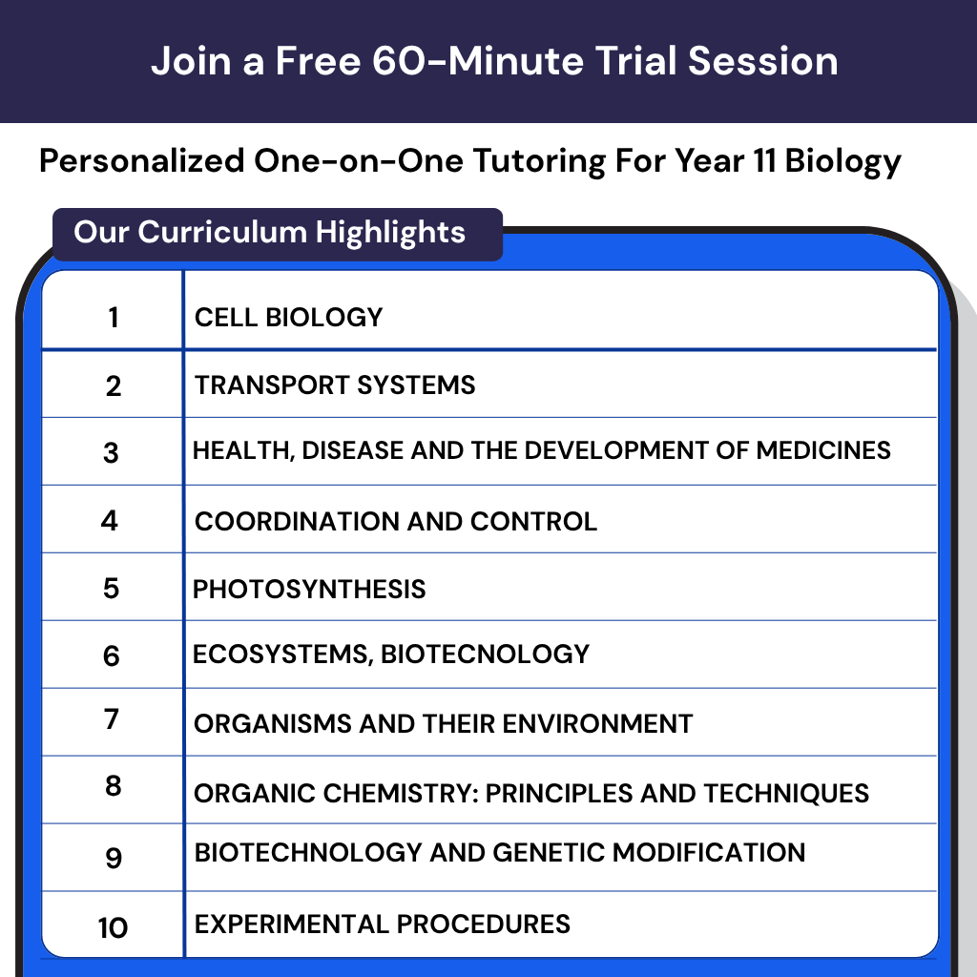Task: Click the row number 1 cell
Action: (114, 318)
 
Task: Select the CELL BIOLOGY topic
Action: (288, 318)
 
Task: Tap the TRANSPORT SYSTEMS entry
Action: (335, 385)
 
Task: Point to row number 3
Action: (112, 452)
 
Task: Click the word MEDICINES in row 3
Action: (823, 450)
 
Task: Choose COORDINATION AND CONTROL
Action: (395, 522)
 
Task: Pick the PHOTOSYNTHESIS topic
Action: (309, 589)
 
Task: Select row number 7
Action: (112, 719)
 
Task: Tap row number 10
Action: (113, 927)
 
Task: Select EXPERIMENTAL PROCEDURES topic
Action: (382, 924)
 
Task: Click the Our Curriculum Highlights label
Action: (270, 233)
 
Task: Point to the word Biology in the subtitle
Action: (842, 162)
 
